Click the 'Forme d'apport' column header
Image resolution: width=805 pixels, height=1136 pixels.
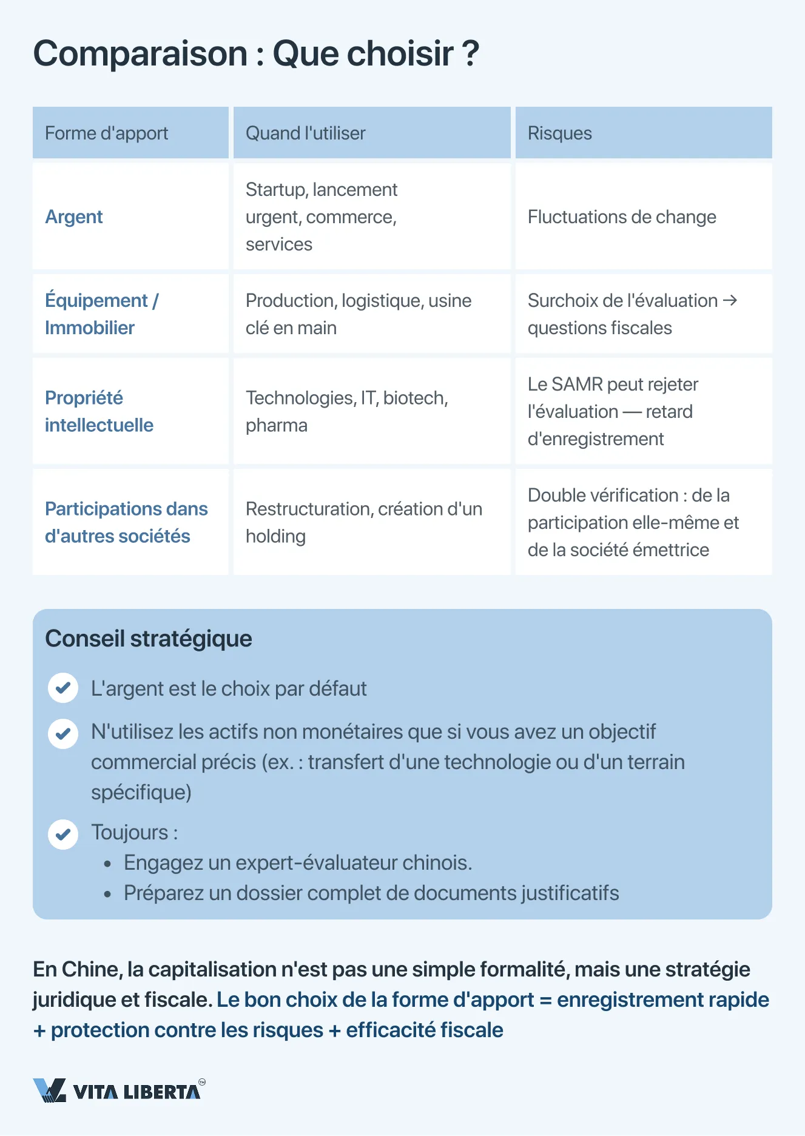(x=107, y=133)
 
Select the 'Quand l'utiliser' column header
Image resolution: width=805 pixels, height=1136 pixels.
(x=305, y=133)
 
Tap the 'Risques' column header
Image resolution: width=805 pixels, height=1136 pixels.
(x=559, y=133)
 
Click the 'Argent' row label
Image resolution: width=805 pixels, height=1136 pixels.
(x=74, y=217)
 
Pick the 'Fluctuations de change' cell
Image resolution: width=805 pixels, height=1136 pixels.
(x=621, y=217)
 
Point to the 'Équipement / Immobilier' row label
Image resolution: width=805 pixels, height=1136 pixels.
(x=101, y=314)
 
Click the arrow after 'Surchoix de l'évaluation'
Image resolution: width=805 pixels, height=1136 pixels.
(x=730, y=300)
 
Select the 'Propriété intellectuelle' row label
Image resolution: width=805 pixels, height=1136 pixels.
(x=99, y=411)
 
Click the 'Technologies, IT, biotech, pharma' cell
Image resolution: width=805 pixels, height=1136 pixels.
(x=346, y=411)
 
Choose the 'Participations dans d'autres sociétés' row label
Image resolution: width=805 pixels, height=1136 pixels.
(x=126, y=522)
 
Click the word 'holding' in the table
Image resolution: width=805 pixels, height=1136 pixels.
(x=275, y=537)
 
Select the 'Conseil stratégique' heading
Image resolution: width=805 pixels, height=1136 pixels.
(x=149, y=639)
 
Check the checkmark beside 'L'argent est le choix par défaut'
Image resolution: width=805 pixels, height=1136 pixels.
(x=63, y=688)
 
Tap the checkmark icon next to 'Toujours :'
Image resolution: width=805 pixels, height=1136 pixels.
(x=63, y=835)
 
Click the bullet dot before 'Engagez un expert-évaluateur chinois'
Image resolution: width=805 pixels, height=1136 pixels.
(x=108, y=864)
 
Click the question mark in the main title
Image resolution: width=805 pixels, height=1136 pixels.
(x=470, y=53)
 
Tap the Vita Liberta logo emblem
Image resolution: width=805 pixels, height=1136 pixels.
(x=49, y=1091)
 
